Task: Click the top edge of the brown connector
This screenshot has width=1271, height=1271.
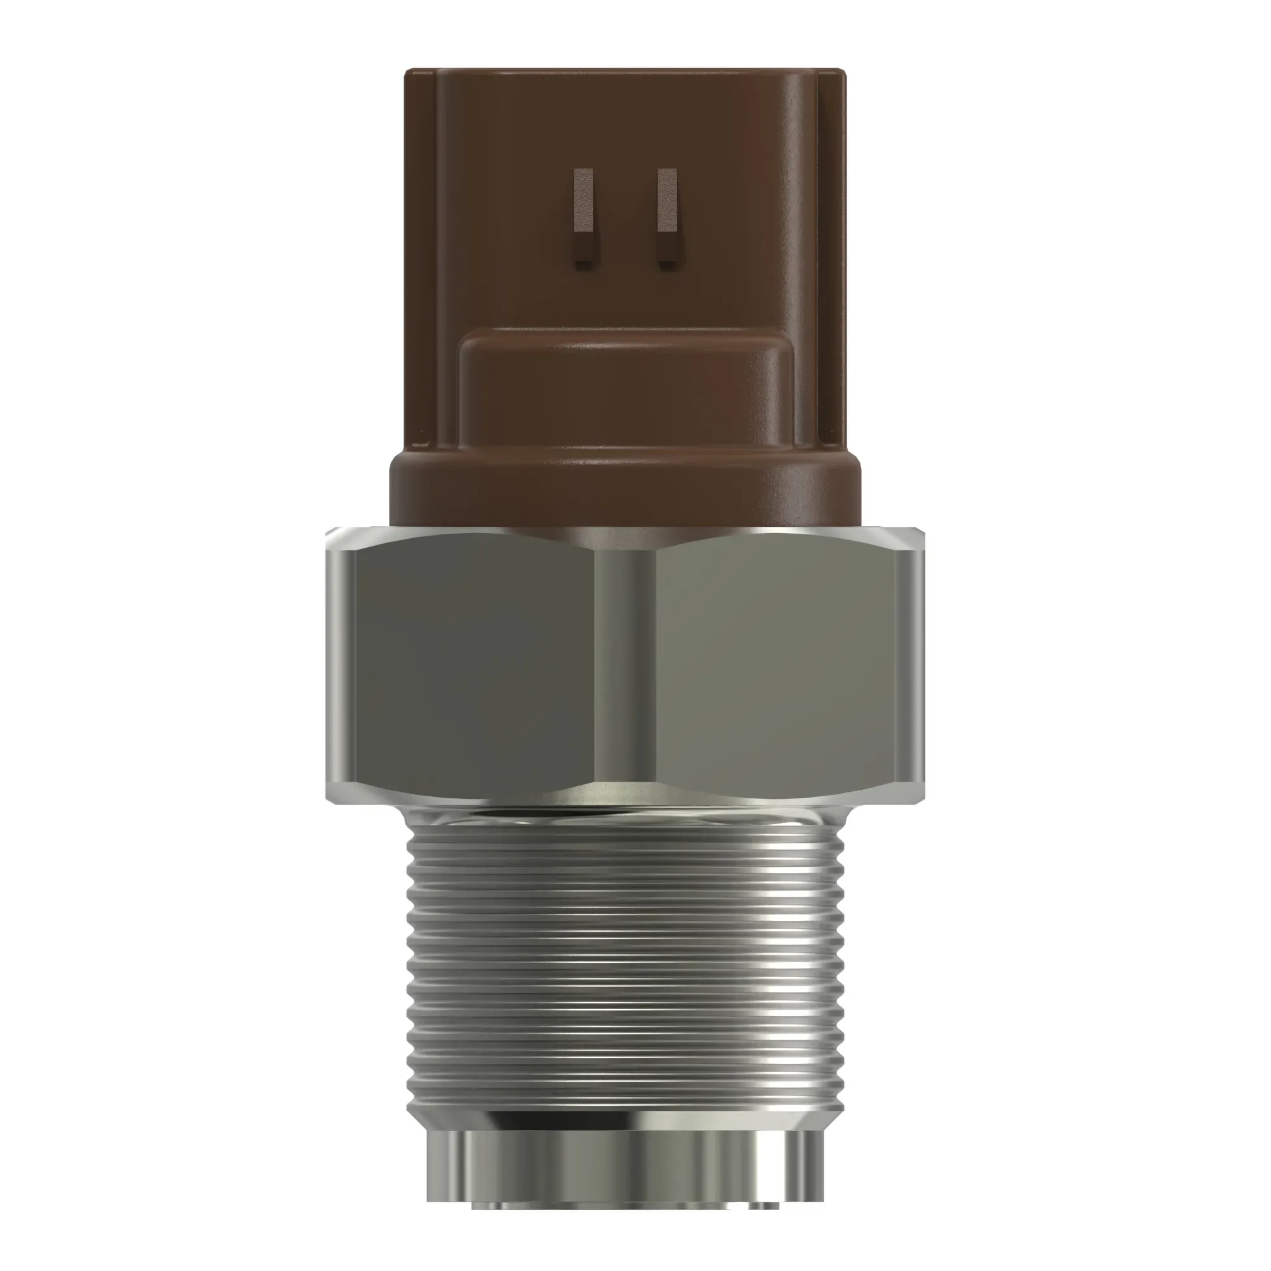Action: [x=625, y=70]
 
